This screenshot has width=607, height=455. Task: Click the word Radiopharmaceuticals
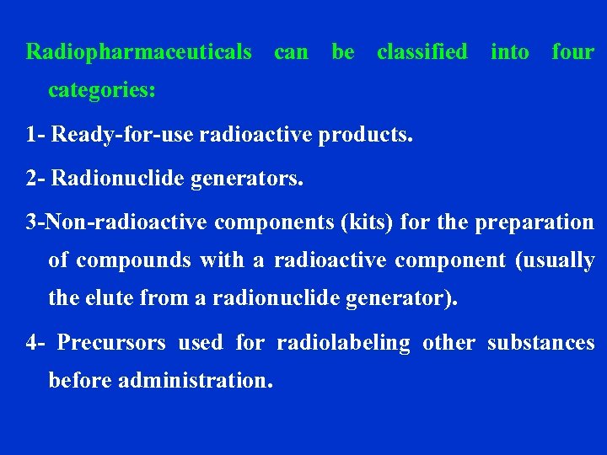[139, 52]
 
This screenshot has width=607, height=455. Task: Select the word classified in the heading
[422, 52]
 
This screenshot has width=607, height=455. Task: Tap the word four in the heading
[572, 52]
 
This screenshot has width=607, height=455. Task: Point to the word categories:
[102, 90]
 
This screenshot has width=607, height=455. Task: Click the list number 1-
[37, 134]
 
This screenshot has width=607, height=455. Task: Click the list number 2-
[37, 179]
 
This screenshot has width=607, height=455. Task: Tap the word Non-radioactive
[126, 222]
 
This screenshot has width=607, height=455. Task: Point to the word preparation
[534, 222]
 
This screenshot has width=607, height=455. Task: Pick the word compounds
[133, 260]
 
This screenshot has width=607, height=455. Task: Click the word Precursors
[112, 343]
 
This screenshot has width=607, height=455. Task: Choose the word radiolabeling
[343, 343]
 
